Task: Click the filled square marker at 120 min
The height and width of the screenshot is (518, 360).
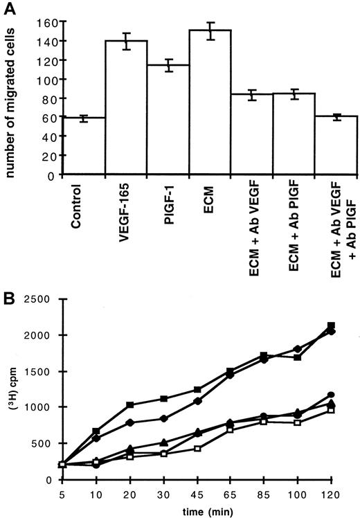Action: [x=332, y=325]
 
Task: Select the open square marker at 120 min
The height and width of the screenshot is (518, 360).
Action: [x=332, y=410]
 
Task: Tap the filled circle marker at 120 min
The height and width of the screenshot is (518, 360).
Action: [x=332, y=395]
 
